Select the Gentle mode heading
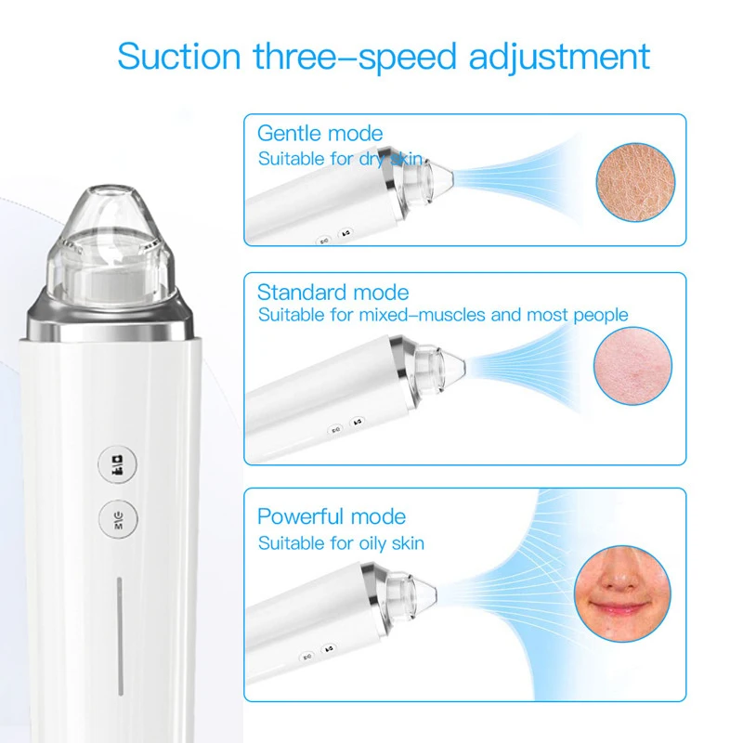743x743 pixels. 319,134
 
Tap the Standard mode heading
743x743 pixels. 332,293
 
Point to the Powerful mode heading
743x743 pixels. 331,516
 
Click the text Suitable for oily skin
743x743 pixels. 341,542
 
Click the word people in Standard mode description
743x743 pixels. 600,315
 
